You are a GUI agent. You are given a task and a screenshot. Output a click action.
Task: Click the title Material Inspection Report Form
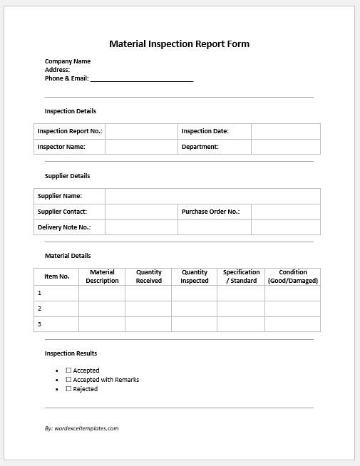click(179, 43)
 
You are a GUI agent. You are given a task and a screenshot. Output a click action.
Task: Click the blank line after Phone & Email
click(142, 79)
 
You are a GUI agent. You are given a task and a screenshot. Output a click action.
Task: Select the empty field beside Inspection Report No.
click(141, 131)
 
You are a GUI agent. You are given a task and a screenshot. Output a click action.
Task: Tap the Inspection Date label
click(205, 131)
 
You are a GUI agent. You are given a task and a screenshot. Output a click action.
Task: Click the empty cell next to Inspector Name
click(141, 147)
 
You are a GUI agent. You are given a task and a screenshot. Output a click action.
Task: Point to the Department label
click(200, 147)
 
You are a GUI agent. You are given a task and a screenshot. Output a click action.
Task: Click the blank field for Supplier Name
click(212, 196)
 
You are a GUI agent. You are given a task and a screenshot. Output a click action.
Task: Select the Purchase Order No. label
click(210, 212)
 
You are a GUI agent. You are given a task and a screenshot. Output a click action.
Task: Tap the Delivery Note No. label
click(64, 227)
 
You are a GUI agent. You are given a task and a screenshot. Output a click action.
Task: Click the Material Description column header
click(102, 276)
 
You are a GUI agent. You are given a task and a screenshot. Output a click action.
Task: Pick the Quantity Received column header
click(148, 276)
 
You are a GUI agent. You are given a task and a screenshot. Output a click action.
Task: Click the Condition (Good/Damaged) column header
click(293, 276)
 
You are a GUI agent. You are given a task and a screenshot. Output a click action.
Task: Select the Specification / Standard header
click(241, 276)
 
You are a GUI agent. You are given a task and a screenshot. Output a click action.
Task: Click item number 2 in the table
click(40, 309)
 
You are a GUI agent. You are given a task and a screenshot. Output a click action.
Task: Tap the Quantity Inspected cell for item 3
click(194, 324)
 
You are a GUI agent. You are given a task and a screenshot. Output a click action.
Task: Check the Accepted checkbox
click(69, 371)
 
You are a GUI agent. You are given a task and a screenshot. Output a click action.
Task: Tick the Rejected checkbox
click(69, 389)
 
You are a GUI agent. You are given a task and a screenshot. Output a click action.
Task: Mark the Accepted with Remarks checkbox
click(69, 380)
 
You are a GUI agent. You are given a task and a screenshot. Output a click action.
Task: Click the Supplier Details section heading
click(68, 176)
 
